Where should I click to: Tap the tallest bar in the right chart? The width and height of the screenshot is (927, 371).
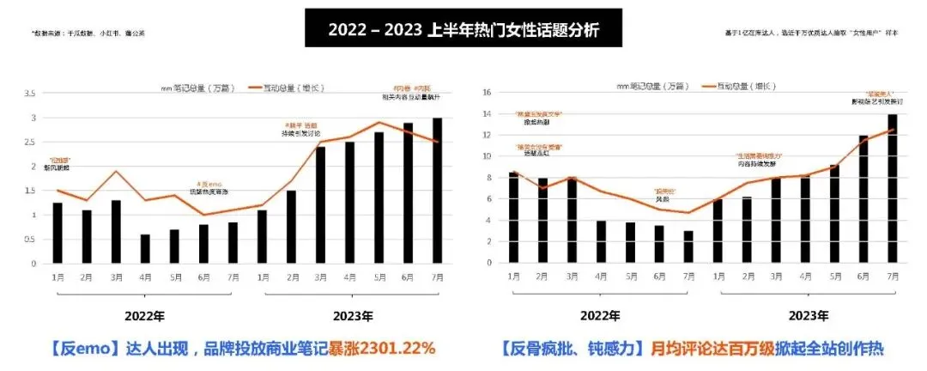coord(893,189)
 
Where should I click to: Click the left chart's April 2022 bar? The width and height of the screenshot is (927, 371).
coord(144,249)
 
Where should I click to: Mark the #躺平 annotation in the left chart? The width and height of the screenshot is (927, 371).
coord(300,125)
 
